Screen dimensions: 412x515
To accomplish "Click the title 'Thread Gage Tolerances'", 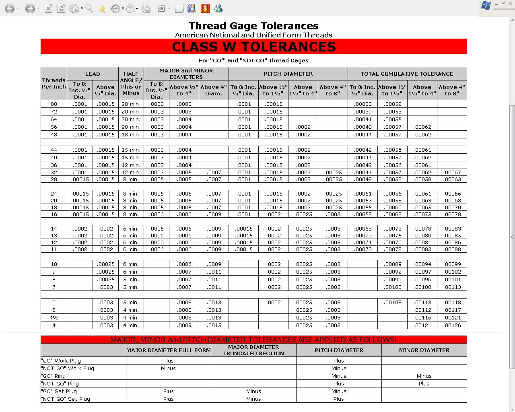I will (x=253, y=26).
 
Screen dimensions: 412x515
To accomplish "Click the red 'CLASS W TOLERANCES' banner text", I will (x=253, y=47).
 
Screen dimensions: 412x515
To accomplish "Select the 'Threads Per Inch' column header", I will (x=54, y=83).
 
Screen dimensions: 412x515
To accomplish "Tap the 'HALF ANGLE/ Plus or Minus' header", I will (x=131, y=83).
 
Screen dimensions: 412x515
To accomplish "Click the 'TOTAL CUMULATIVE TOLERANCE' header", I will (x=407, y=74).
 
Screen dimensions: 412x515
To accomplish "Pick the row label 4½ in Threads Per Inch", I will (x=54, y=317).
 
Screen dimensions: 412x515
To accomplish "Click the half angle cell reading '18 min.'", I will (x=131, y=134).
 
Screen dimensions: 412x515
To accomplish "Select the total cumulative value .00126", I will (x=452, y=325).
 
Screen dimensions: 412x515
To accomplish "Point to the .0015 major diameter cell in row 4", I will (x=214, y=325).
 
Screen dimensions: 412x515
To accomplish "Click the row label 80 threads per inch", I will (x=54, y=104).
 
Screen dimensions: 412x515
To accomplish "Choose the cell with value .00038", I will (x=363, y=104).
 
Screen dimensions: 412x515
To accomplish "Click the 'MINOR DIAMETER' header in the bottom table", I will (x=424, y=350).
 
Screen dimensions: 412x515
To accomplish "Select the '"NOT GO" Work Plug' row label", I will (x=68, y=368).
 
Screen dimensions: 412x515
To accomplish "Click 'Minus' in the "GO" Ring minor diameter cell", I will (x=424, y=376).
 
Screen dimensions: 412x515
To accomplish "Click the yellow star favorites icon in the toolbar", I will (x=102, y=8).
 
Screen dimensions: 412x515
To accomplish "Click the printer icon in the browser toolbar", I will (x=146, y=8).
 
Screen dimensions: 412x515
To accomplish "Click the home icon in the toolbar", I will (x=74, y=8).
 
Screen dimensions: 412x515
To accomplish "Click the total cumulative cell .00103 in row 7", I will (x=392, y=287).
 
